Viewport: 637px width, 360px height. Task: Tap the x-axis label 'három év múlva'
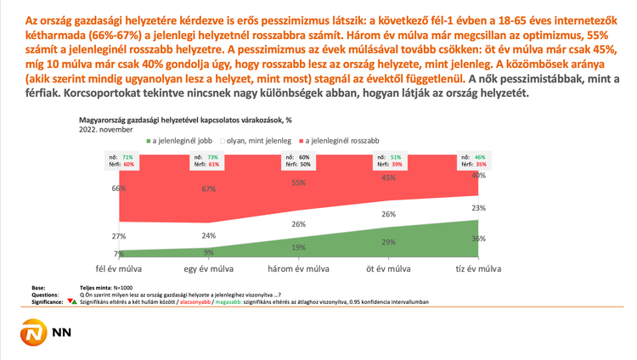pyautogui.click(x=297, y=269)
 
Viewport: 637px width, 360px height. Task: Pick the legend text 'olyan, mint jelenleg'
pyautogui.click(x=258, y=140)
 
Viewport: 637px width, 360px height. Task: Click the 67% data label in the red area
pyautogui.click(x=208, y=188)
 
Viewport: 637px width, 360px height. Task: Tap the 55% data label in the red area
pyautogui.click(x=297, y=183)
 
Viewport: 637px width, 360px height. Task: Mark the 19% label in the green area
pyautogui.click(x=297, y=248)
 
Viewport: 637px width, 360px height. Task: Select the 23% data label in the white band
pyautogui.click(x=479, y=208)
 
